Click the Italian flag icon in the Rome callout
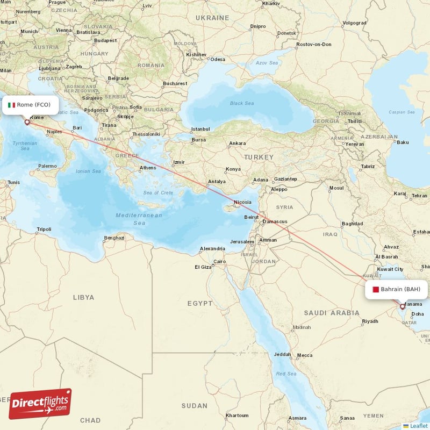coord(11,105)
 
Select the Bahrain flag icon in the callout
coord(375,290)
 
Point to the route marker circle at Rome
coord(27,122)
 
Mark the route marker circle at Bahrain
coord(402,307)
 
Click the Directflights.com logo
coord(40,404)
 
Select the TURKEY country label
coord(259,157)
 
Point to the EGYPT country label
coord(200,304)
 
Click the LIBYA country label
coord(83,297)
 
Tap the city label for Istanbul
coord(200,129)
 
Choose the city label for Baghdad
coord(352,223)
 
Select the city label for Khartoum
coord(237,415)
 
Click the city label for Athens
coord(148,168)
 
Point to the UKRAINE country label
coord(212,18)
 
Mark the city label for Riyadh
coord(370,321)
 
